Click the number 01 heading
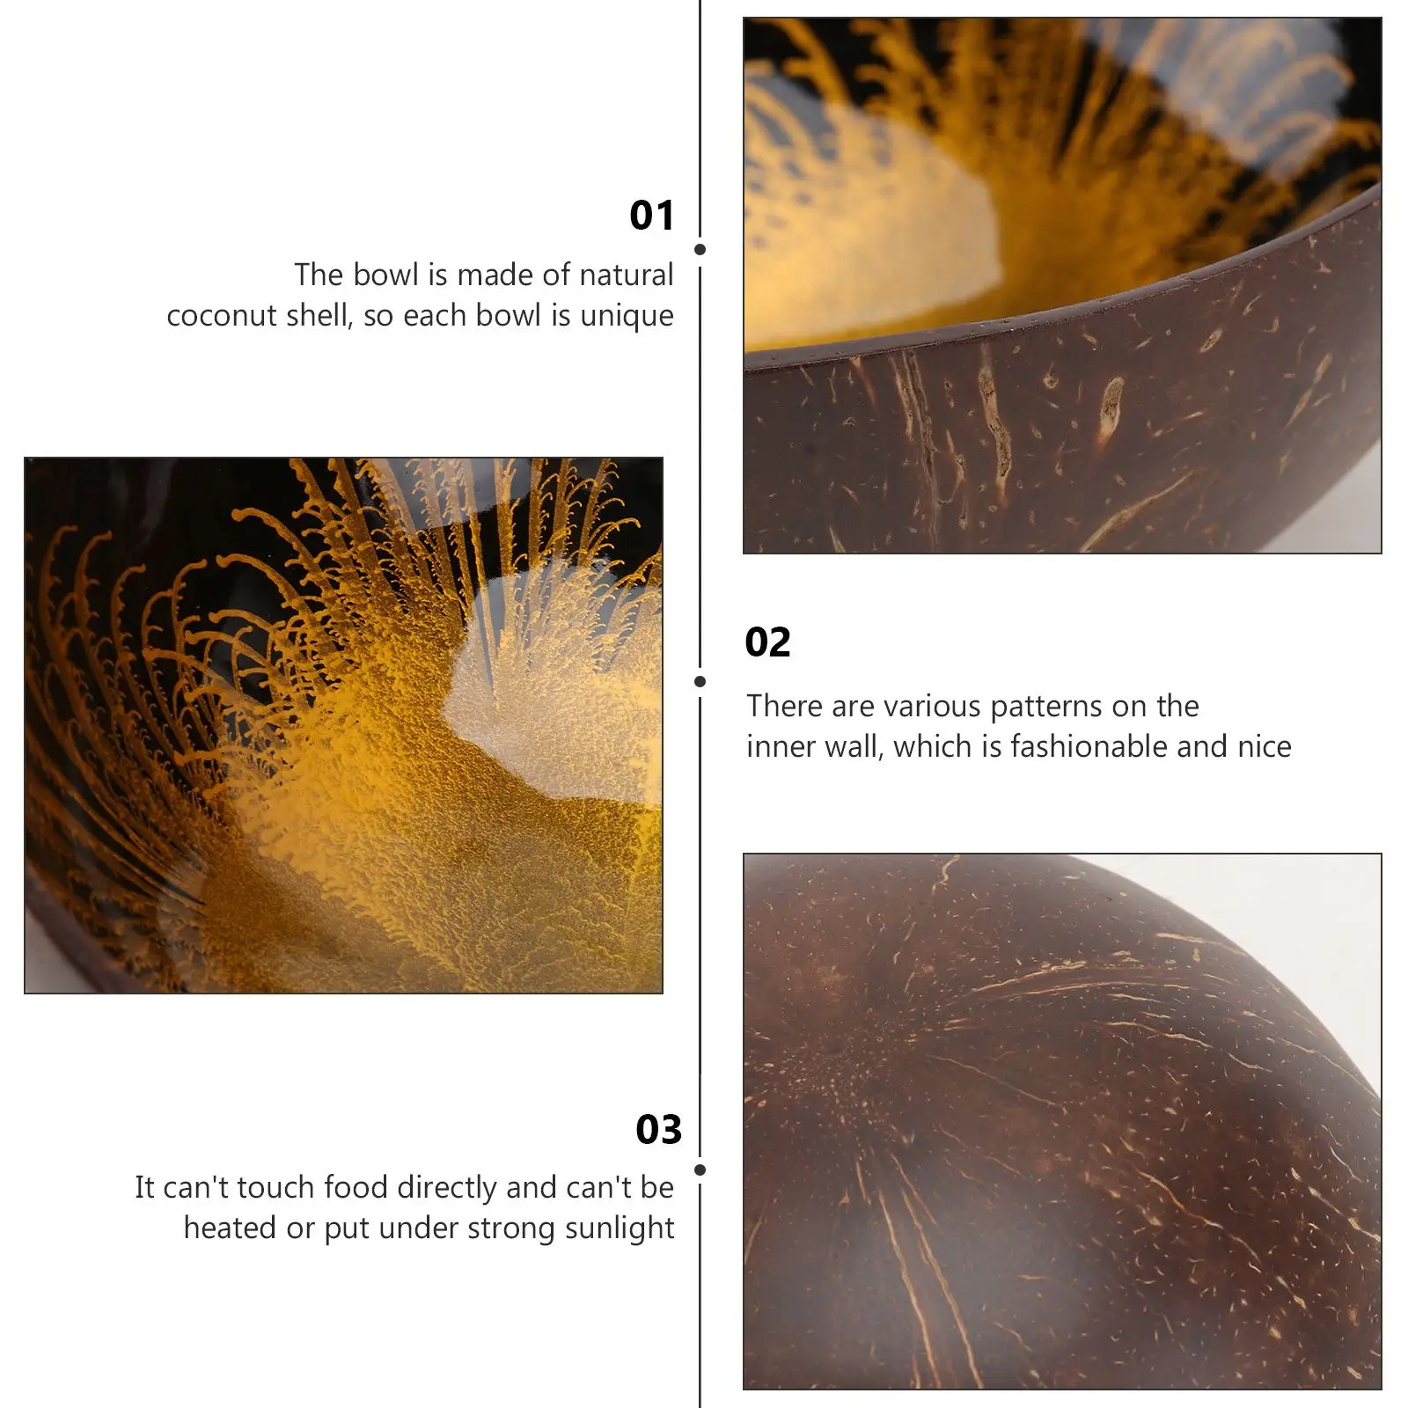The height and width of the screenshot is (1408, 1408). [651, 216]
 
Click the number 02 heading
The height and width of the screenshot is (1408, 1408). [767, 642]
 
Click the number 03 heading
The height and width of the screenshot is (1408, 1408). [658, 1130]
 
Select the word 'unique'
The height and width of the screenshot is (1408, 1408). [627, 315]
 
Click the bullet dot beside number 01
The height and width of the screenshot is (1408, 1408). [700, 250]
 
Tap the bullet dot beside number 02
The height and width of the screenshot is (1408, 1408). [700, 681]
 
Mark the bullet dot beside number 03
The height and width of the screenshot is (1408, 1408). [700, 1170]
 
